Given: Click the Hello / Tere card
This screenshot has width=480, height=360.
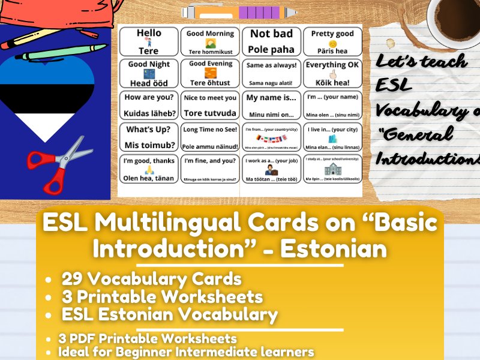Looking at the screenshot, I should coord(149,41).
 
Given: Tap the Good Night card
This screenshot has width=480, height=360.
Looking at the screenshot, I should coord(149,73).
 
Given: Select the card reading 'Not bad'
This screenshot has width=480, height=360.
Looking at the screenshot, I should coord(271,41).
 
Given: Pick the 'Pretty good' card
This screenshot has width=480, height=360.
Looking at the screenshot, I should coord(332,41).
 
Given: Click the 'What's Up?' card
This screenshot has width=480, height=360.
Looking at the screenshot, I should coord(149,137).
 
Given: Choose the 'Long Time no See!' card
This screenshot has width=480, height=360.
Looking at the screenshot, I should coord(210,137).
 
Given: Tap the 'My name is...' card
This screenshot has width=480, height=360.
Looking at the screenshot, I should coord(271,105).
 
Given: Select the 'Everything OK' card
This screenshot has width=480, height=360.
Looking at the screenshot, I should coord(332,73).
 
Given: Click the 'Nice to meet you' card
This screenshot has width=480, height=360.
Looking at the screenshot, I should coord(210,105).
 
